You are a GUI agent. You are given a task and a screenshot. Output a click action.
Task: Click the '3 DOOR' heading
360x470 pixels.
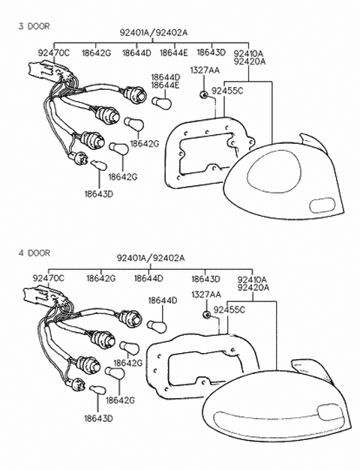[33, 25]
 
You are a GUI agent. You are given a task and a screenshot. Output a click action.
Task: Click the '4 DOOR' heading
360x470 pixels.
[33, 253]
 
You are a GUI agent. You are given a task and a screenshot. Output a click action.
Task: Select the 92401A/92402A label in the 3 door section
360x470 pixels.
[153, 33]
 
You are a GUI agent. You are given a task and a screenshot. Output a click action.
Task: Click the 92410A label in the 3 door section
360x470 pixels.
[248, 53]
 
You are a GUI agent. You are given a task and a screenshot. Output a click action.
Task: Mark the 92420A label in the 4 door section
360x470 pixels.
[252, 287]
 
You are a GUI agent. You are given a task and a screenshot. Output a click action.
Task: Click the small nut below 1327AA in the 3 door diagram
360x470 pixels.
[203, 94]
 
